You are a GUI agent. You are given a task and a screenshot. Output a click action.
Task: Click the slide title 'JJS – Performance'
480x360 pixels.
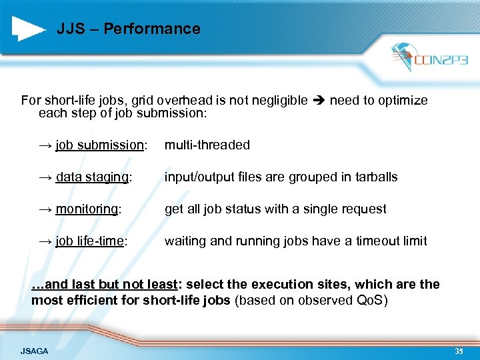[128, 29]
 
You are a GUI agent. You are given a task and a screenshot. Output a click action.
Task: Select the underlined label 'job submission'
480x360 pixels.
[99, 145]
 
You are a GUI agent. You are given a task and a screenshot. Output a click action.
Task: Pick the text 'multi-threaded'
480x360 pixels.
[207, 145]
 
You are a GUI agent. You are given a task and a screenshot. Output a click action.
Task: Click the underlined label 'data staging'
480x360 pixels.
[93, 177]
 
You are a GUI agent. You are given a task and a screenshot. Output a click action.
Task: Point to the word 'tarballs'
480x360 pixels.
[375, 177]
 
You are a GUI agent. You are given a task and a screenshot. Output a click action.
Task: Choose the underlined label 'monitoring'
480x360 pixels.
[86, 209]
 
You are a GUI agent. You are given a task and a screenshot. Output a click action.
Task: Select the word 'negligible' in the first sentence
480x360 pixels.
[275, 101]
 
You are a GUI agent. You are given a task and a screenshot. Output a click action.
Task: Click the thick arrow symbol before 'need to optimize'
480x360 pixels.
[319, 101]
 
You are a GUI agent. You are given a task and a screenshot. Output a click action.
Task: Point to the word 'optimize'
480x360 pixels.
[402, 101]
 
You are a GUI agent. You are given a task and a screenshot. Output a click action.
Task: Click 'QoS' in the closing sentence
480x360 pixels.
[370, 300]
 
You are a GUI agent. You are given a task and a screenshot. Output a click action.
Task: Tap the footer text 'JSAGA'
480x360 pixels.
[34, 351]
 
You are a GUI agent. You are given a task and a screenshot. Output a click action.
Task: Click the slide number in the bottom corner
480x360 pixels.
[459, 351]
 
